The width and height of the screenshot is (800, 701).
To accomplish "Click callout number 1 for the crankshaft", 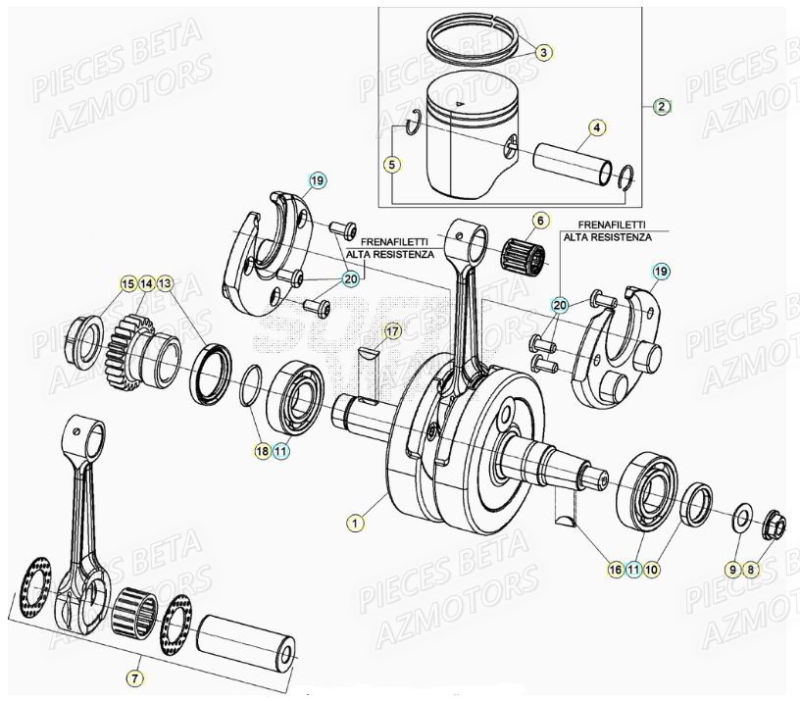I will [x=355, y=524].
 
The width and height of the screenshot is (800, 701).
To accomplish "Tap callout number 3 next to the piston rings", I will [x=544, y=52].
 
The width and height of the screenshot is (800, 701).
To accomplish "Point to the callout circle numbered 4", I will [x=597, y=127].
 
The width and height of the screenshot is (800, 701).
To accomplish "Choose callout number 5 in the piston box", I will [x=391, y=165].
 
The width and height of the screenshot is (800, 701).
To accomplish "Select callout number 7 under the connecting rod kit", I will [x=135, y=677].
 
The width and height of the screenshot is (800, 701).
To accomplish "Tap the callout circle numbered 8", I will [x=752, y=569].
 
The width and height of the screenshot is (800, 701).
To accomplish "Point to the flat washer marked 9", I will [x=741, y=515].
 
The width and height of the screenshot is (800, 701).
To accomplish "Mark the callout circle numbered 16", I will [x=615, y=569].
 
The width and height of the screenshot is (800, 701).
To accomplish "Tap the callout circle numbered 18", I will [x=261, y=451].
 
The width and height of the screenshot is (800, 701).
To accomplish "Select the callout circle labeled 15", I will [x=127, y=283].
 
